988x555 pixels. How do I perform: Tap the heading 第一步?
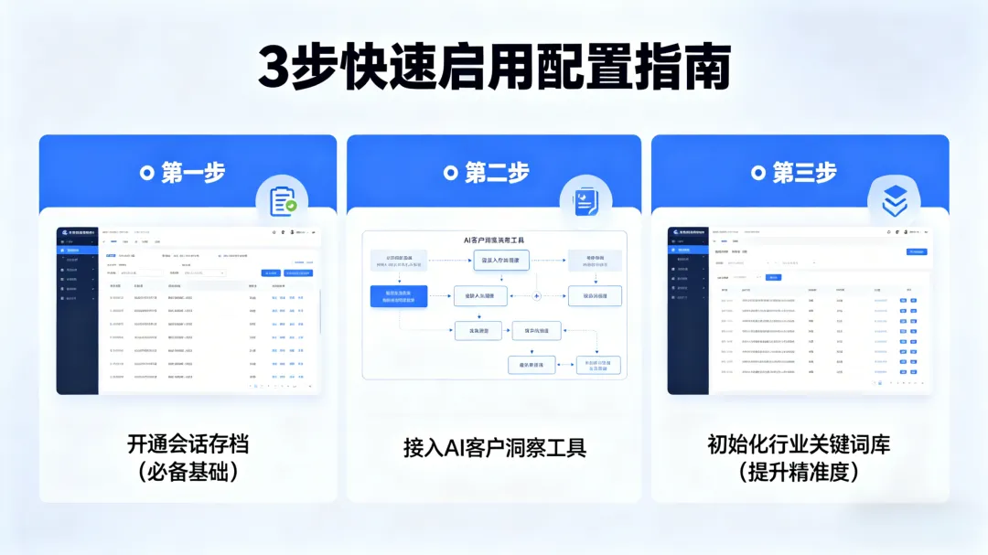pyautogui.click(x=193, y=172)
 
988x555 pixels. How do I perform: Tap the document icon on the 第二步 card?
pyautogui.click(x=585, y=201)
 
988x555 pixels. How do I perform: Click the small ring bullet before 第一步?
pyautogui.click(x=146, y=172)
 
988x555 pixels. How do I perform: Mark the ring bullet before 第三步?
pyautogui.click(x=757, y=172)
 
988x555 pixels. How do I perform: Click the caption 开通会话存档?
pyautogui.click(x=188, y=445)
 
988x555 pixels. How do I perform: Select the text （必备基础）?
pyautogui.click(x=188, y=473)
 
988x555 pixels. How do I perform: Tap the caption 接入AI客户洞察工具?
pyautogui.click(x=494, y=448)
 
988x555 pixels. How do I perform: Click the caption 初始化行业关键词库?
pyautogui.click(x=799, y=445)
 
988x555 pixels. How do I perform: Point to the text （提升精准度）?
pyautogui.click(x=799, y=473)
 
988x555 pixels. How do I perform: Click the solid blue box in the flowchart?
pyautogui.click(x=398, y=295)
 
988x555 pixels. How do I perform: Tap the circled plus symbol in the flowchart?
pyautogui.click(x=537, y=295)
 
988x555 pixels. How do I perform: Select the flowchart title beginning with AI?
pyautogui.click(x=499, y=240)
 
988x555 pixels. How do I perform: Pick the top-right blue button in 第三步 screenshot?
pyautogui.click(x=916, y=251)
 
